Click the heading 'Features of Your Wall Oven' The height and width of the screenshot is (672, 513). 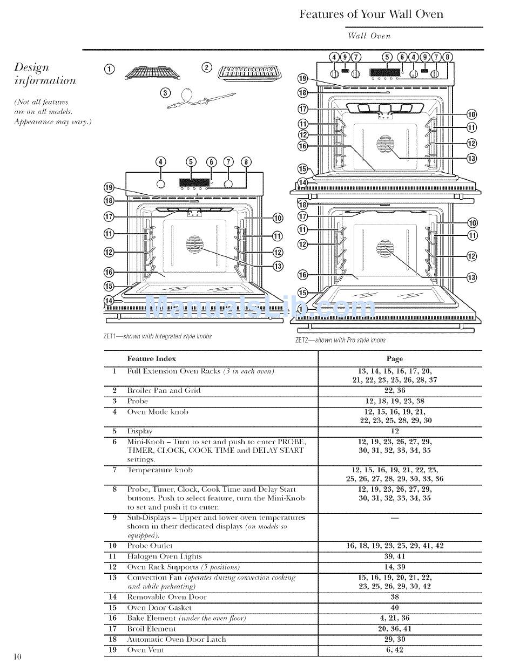pos(371,14)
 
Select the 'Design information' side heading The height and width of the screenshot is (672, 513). pos(45,74)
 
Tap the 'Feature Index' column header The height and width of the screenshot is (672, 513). pos(151,358)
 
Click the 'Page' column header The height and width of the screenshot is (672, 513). pos(394,358)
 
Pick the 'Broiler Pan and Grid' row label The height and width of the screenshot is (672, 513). pos(164,390)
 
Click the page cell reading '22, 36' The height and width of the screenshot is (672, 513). pos(394,390)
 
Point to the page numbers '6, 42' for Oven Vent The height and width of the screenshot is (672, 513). pos(394,650)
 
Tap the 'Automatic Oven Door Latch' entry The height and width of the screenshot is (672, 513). pos(176,639)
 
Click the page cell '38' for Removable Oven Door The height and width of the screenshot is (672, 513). pos(394,597)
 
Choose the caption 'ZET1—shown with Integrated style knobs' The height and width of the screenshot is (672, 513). pos(157,336)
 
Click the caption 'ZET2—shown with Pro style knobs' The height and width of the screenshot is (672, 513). pos(340,340)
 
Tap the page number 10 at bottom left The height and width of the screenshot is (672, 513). pos(18,656)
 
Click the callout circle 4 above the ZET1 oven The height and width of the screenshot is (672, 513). pos(161,161)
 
